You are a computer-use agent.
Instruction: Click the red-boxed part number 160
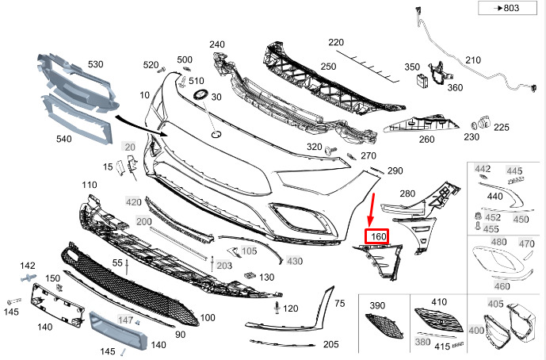coord(376,236)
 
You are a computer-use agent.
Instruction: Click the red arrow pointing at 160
coord(372,209)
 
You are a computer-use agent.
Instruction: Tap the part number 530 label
coord(96,63)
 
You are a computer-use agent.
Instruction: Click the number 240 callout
coord(216,44)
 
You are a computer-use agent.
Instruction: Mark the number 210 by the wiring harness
coord(472,60)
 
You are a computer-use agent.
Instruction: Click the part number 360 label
coord(454,87)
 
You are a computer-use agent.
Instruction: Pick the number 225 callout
coord(502,126)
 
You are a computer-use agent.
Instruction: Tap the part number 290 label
coord(395,170)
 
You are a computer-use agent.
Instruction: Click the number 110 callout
coord(89,185)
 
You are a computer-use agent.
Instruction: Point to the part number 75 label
coord(340,303)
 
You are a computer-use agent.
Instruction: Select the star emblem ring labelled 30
coord(199,96)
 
